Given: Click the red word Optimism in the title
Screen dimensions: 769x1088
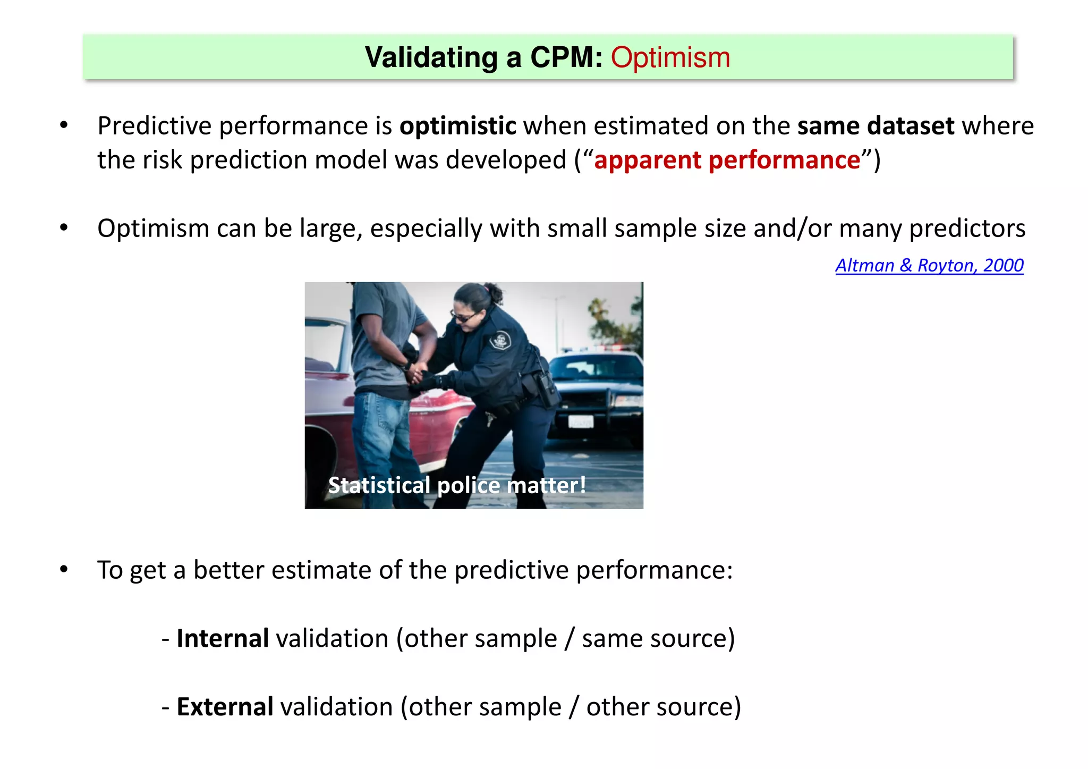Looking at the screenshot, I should point(670,57).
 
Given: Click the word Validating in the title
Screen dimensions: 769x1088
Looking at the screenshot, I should point(431,57).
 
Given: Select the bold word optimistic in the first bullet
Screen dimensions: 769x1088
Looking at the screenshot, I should point(457,126).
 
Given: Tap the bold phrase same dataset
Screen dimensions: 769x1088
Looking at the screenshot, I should point(875,126).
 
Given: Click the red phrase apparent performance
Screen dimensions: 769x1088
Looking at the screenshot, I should point(727,160).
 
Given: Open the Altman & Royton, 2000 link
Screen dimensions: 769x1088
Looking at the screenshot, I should point(929,265).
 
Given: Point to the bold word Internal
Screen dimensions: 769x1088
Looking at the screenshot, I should point(223,638).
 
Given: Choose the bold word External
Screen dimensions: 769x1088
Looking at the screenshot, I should point(225,707).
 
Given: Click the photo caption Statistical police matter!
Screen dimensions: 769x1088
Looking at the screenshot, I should point(457,485).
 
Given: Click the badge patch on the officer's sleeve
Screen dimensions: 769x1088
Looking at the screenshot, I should point(500,340).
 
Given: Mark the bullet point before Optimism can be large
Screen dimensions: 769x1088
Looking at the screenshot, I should point(64,228).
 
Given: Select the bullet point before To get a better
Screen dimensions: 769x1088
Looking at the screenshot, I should point(64,570).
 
